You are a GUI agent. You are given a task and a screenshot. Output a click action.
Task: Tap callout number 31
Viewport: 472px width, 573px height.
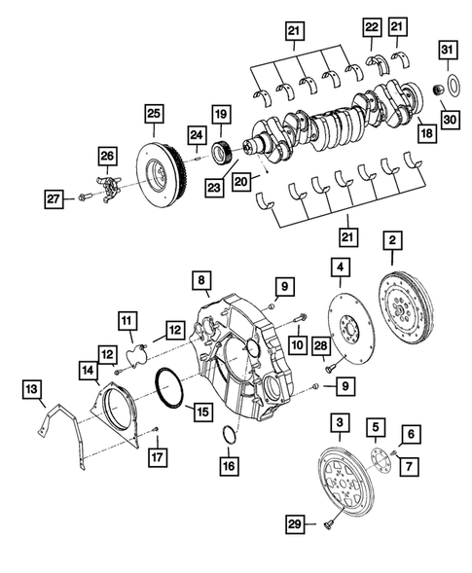[x=447, y=51]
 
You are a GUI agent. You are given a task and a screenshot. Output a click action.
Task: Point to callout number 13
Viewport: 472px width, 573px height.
[x=33, y=390]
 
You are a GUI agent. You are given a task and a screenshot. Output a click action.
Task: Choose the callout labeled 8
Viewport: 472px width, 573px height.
[x=200, y=282]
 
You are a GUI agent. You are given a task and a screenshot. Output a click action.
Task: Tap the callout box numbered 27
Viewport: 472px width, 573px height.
[x=54, y=199]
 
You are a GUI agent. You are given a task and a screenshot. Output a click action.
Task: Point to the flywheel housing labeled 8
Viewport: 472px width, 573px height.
[x=243, y=360]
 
